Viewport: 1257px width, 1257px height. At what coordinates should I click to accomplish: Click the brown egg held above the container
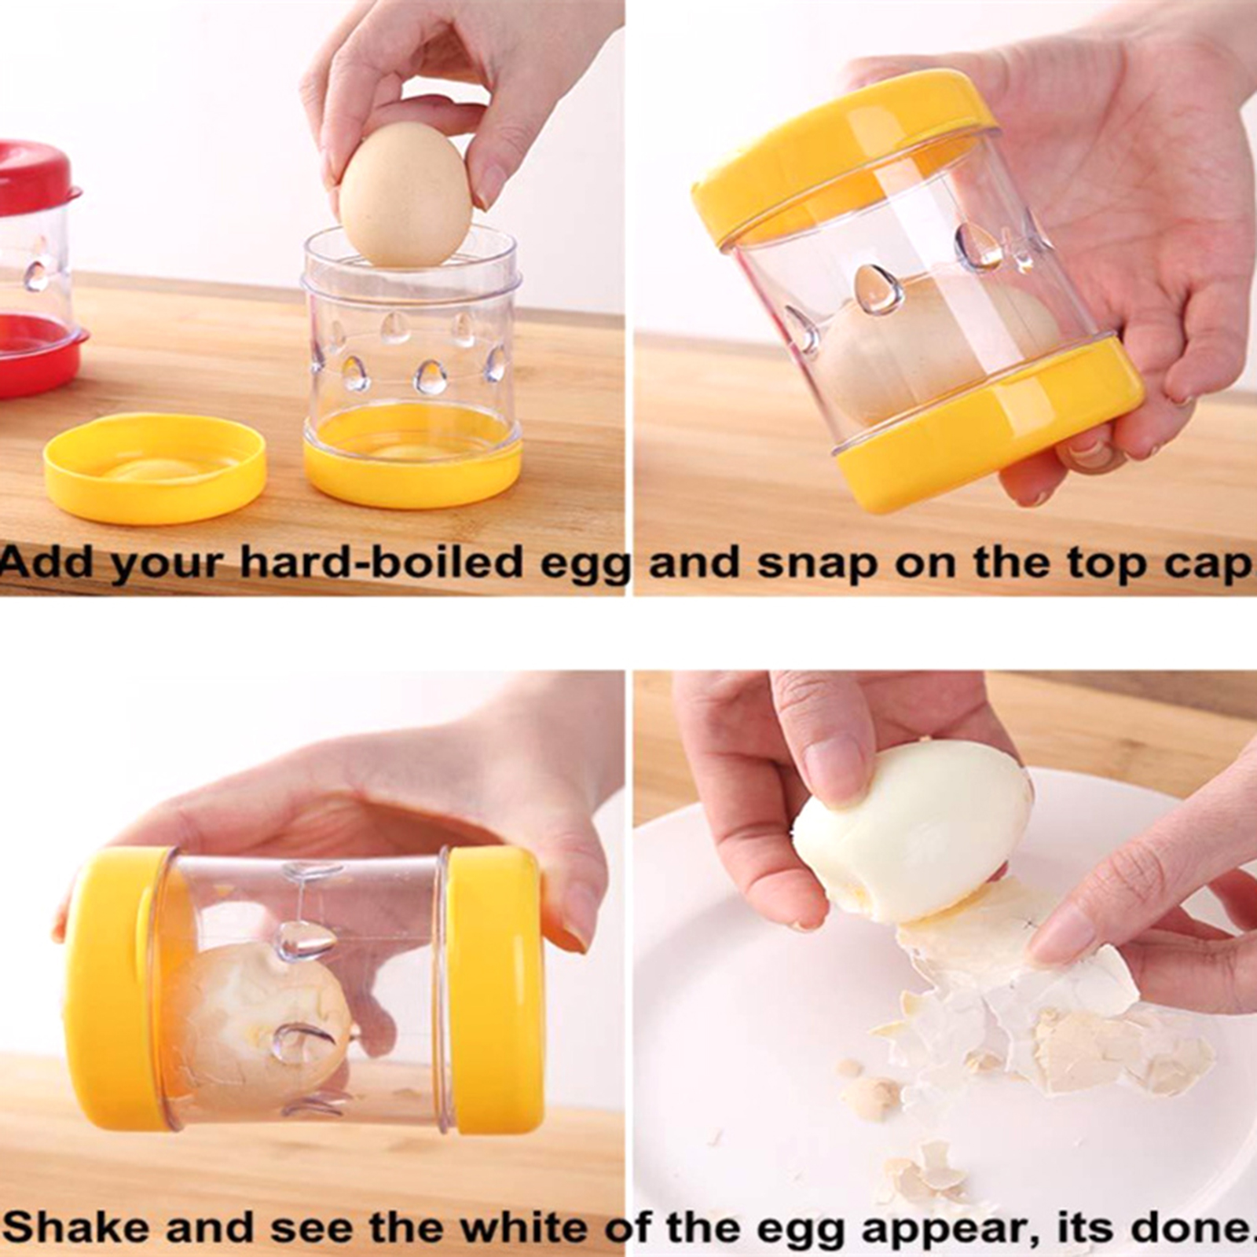click(405, 195)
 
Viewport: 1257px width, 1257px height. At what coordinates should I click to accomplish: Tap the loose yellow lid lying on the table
click(155, 468)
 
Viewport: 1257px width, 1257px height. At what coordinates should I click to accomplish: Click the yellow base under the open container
click(413, 459)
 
